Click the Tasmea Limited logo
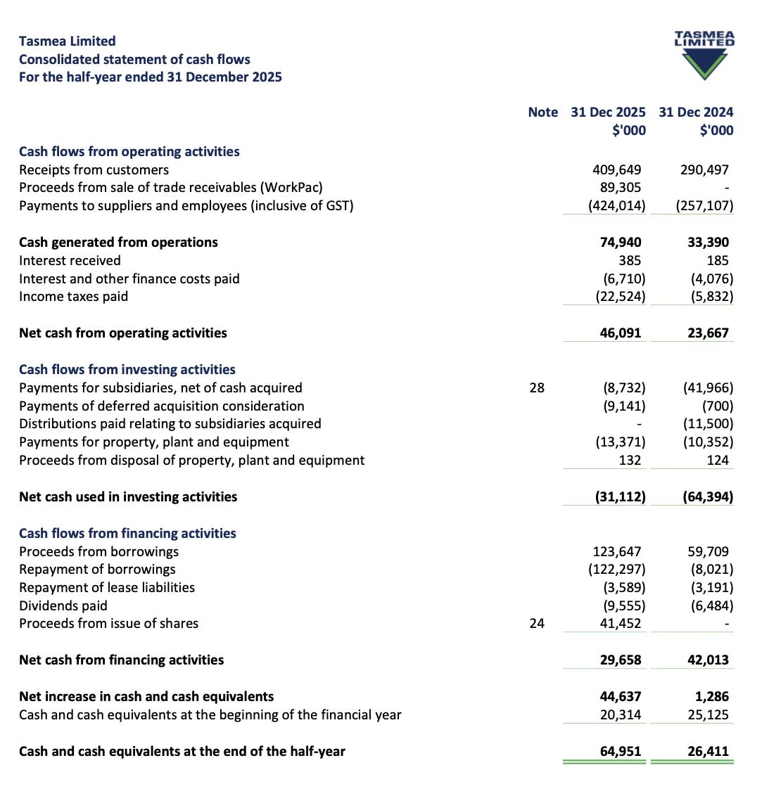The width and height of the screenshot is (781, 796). [x=704, y=55]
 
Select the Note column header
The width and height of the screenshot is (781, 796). [x=542, y=113]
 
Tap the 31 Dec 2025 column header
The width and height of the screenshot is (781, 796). [x=608, y=113]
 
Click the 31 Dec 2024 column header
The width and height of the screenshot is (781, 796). [x=696, y=113]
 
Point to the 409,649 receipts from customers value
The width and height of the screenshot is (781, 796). [x=617, y=170]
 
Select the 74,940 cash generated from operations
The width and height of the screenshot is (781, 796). [x=621, y=243]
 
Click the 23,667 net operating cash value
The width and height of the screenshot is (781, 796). [x=708, y=333]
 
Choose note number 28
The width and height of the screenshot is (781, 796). [x=537, y=388]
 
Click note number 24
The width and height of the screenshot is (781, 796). [x=537, y=624]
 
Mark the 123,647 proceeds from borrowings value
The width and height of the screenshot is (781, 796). [x=617, y=552]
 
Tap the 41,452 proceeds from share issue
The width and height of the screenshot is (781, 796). [x=621, y=624]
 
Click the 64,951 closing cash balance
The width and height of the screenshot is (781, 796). [x=621, y=752]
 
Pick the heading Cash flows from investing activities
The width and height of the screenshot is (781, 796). [x=127, y=370]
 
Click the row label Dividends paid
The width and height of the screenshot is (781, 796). [x=63, y=606]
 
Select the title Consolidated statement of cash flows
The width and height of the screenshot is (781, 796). [x=134, y=60]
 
